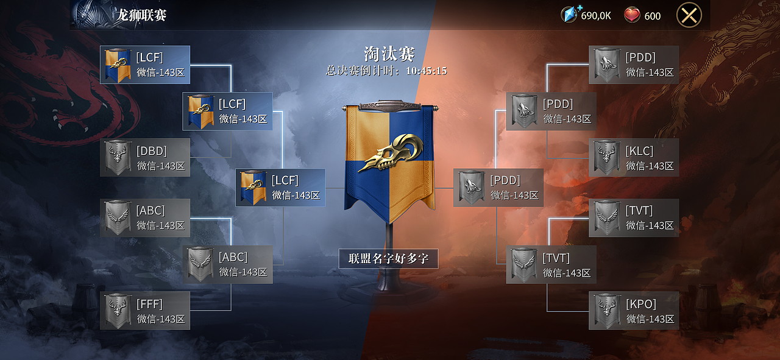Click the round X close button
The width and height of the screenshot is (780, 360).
(x=689, y=15)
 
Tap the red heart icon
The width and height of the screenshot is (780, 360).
(x=632, y=15)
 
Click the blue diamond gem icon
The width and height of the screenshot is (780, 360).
(x=569, y=15)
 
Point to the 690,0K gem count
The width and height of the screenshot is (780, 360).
(x=596, y=16)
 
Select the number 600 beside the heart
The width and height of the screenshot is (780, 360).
(x=652, y=16)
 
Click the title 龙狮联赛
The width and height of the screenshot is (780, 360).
(x=141, y=15)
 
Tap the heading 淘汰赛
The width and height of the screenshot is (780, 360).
(x=389, y=54)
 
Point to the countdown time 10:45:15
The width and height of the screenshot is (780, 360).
(x=426, y=71)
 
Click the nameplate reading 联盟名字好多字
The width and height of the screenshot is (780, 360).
(x=388, y=258)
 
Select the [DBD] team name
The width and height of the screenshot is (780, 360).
(x=152, y=150)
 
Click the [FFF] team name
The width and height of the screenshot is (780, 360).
(x=150, y=303)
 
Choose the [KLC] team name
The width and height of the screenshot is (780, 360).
(x=639, y=150)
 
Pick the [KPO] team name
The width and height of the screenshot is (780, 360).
(x=641, y=303)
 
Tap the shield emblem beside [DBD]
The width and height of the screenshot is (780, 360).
(x=117, y=157)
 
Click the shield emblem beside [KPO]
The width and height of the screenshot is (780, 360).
(x=606, y=311)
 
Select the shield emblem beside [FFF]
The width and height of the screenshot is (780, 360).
(x=117, y=311)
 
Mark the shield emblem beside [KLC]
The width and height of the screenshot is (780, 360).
(x=606, y=157)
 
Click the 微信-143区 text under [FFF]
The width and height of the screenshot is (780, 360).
(x=161, y=319)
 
